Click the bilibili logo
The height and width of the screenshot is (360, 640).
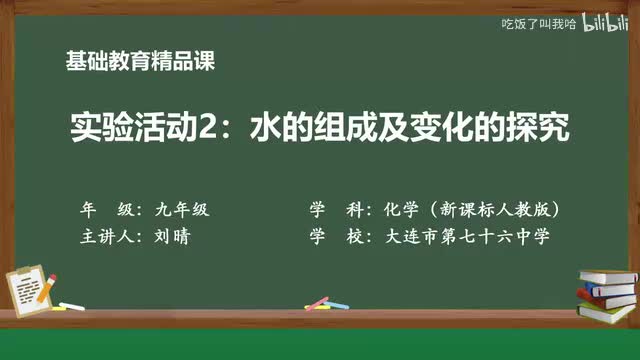click(x=606, y=22)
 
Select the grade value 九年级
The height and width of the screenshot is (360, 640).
click(x=181, y=211)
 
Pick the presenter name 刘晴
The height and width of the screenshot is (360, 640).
click(x=172, y=238)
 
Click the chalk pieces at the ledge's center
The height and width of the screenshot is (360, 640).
click(x=317, y=302)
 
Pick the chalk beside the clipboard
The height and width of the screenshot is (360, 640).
click(x=71, y=305)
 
